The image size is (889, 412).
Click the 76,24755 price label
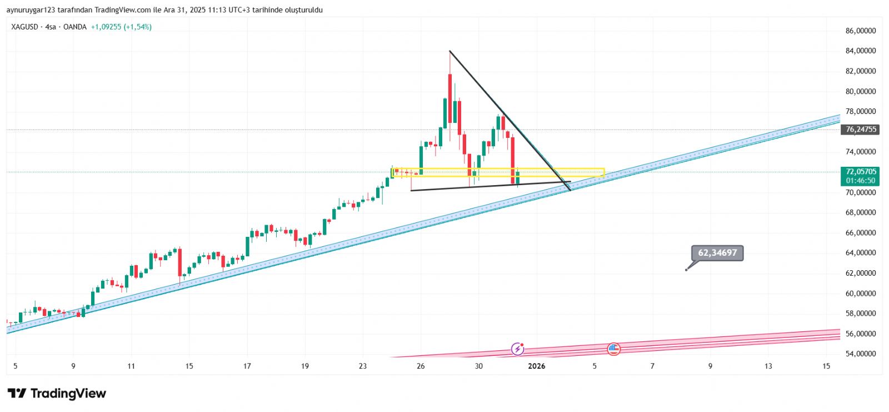tap(861, 130)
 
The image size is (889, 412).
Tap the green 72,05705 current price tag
tap(861, 172)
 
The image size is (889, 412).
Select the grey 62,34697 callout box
tap(717, 253)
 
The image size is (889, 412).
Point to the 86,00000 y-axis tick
tap(861, 31)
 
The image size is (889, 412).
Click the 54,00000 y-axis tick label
tap(861, 354)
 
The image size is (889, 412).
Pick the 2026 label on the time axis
tap(536, 366)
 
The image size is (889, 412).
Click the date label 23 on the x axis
tap(363, 366)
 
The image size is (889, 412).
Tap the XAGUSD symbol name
tap(24, 27)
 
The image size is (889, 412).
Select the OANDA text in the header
tap(75, 27)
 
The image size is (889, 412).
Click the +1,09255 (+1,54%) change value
tap(121, 27)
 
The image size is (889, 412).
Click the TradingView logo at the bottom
tap(57, 394)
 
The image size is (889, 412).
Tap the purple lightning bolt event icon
tap(517, 349)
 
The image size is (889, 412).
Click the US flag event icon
tap(613, 349)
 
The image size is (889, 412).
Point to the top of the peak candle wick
tap(450, 52)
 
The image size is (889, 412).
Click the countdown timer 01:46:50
tap(861, 181)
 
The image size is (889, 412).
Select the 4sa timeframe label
tap(51, 27)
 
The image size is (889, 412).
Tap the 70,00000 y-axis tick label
tap(861, 192)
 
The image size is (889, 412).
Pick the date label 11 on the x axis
tap(131, 366)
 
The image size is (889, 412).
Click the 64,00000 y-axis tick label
tap(861, 253)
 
